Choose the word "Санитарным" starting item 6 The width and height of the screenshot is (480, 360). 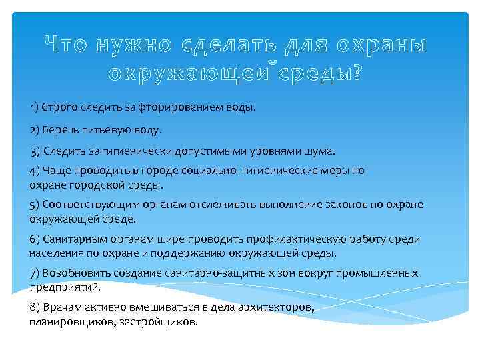[71, 239]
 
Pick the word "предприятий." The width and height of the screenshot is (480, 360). [65, 287]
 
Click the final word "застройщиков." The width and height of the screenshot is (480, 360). [160, 321]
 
